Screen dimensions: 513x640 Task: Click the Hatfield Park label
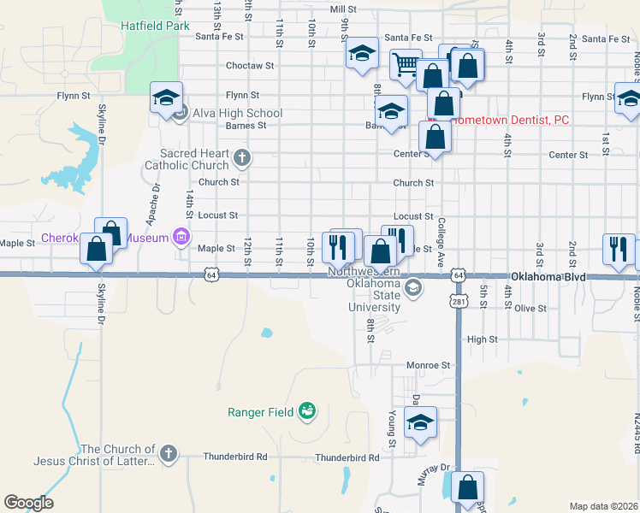pyautogui.click(x=154, y=27)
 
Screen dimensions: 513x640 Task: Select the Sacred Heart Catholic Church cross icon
pyautogui.click(x=242, y=157)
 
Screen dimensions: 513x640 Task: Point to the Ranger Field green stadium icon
pyautogui.click(x=306, y=413)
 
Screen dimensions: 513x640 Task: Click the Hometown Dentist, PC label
pyautogui.click(x=509, y=121)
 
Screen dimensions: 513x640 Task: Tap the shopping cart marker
pyautogui.click(x=406, y=63)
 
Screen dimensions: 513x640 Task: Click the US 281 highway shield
pyautogui.click(x=459, y=302)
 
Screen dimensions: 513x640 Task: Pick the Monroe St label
pyautogui.click(x=428, y=365)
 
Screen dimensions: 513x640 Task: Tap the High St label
pyautogui.click(x=482, y=339)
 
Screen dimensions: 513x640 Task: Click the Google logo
pyautogui.click(x=28, y=503)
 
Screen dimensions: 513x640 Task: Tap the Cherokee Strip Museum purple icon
pyautogui.click(x=181, y=237)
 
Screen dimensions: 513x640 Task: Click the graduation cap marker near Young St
pyautogui.click(x=420, y=422)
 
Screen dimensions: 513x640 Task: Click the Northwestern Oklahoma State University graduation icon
pyautogui.click(x=414, y=286)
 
